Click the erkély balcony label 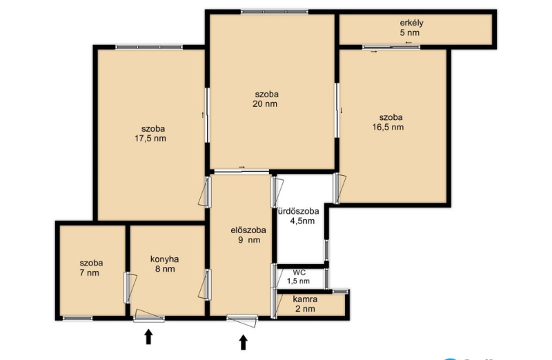[x=411, y=23]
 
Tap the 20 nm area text [x=265, y=104]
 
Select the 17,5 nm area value [x=150, y=139]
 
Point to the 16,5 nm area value [x=388, y=127]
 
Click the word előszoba [x=248, y=230]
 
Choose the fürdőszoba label [x=298, y=211]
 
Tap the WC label [x=299, y=272]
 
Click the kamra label [x=305, y=299]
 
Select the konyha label [x=164, y=259]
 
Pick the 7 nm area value [x=90, y=272]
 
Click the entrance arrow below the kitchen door [x=148, y=337]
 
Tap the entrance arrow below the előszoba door [x=243, y=342]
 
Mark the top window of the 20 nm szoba [x=274, y=12]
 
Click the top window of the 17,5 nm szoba [x=149, y=47]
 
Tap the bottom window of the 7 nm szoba [x=77, y=318]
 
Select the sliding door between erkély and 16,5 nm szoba [x=391, y=47]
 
